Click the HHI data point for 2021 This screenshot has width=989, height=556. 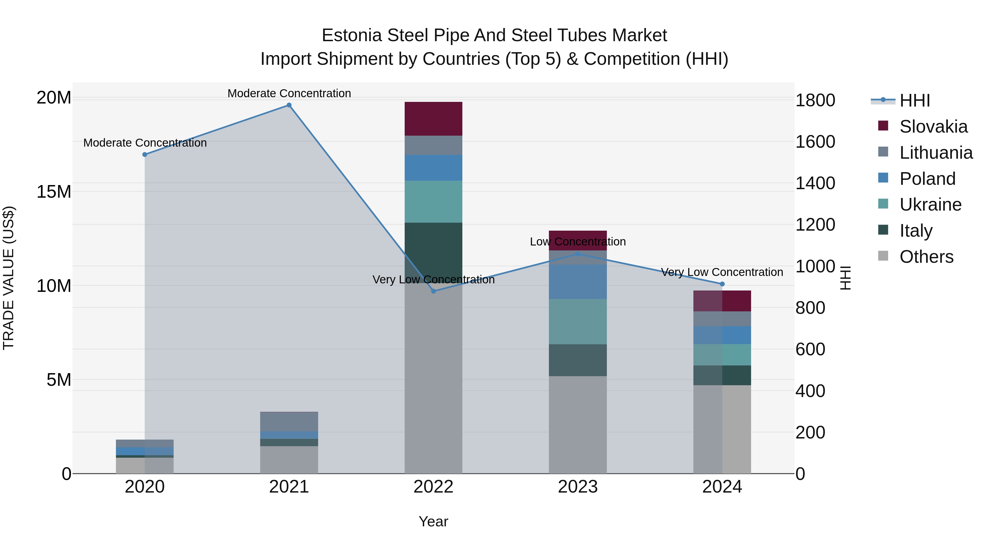[289, 105]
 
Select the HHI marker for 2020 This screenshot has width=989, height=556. [145, 155]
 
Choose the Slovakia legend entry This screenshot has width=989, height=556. [933, 127]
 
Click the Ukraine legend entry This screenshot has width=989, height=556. [930, 205]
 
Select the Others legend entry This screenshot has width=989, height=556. [926, 257]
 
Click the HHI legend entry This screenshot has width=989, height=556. [915, 100]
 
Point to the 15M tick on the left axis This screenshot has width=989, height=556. [54, 191]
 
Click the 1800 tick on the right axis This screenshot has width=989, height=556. [815, 100]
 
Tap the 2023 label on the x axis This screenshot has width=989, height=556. [577, 487]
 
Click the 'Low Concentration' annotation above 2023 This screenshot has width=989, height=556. [577, 242]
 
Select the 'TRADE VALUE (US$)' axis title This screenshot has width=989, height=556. [9, 278]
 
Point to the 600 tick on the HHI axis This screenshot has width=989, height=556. [810, 349]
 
